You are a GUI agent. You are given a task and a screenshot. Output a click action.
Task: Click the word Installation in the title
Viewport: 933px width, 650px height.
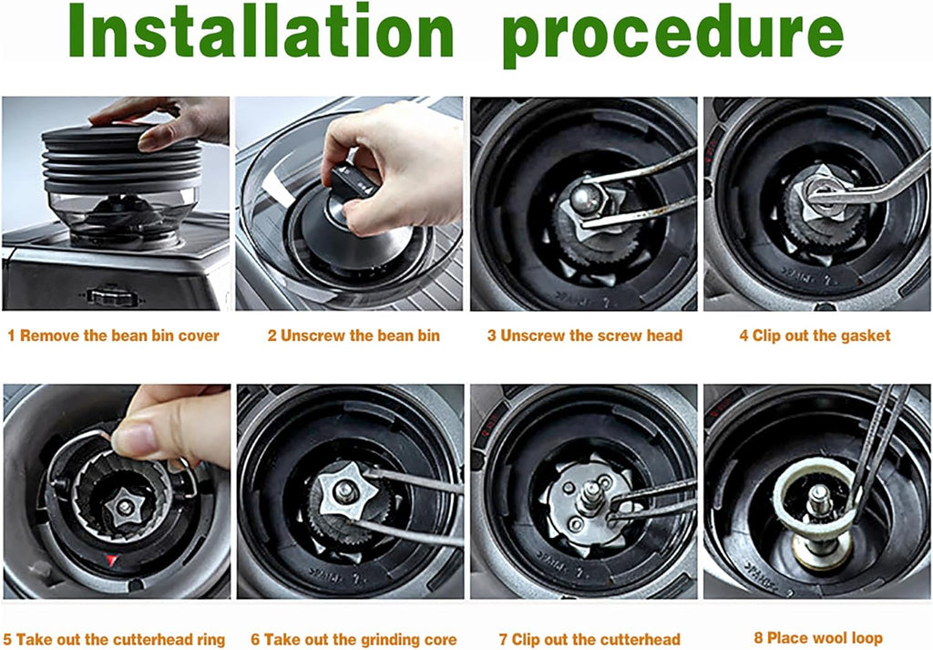(261, 34)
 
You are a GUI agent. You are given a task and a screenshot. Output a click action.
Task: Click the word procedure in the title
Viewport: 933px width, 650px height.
(672, 34)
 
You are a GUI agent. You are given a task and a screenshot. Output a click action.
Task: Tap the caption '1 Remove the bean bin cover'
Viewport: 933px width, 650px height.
(113, 335)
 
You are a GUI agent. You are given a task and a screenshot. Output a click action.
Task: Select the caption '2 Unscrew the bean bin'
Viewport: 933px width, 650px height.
(354, 335)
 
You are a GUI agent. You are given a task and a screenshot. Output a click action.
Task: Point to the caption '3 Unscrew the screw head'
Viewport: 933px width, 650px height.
(584, 335)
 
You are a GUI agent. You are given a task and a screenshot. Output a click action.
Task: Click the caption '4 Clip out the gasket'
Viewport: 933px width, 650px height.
(815, 335)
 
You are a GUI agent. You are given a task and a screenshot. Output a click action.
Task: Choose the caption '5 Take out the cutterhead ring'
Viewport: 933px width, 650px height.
(114, 639)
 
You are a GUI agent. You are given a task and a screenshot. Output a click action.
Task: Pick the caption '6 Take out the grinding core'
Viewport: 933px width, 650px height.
(354, 639)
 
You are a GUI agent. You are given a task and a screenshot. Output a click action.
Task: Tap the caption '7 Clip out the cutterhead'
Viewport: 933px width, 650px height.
(584, 639)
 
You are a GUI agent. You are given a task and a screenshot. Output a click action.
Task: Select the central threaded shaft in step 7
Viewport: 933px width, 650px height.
(590, 493)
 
